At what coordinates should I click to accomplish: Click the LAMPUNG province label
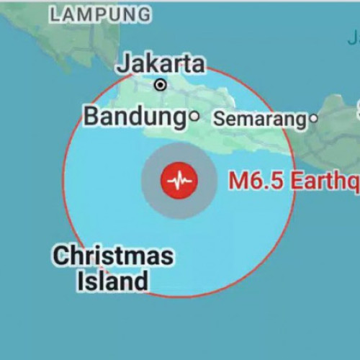tap(102, 14)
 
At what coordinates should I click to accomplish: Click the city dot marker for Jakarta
tap(161, 85)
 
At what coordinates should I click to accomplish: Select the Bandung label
tap(135, 116)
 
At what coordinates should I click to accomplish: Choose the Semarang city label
tap(260, 120)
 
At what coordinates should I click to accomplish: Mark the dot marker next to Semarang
tap(313, 119)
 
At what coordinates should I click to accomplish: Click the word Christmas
tap(113, 256)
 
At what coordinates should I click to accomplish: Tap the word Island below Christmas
tap(112, 281)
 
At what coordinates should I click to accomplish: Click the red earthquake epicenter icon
tap(179, 181)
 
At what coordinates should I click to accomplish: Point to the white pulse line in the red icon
tap(179, 181)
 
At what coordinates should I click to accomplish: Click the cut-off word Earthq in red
tap(324, 181)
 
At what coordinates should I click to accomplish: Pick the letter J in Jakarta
tap(123, 63)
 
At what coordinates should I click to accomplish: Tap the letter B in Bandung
tap(91, 116)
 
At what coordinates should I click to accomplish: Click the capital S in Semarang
tap(218, 120)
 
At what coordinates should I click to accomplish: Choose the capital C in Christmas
tap(60, 256)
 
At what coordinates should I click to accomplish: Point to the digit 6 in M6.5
tap(254, 181)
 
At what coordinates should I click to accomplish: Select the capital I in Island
tap(80, 281)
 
